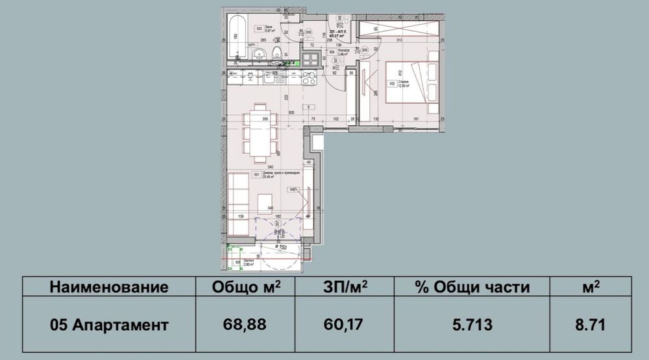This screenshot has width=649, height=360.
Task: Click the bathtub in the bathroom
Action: (x=235, y=28)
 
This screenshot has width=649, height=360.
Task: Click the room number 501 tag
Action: (x=256, y=175)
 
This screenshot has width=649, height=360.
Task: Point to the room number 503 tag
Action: (x=260, y=29)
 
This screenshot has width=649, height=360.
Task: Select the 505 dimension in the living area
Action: (x=292, y=112)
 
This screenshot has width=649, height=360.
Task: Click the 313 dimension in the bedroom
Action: (x=400, y=40)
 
